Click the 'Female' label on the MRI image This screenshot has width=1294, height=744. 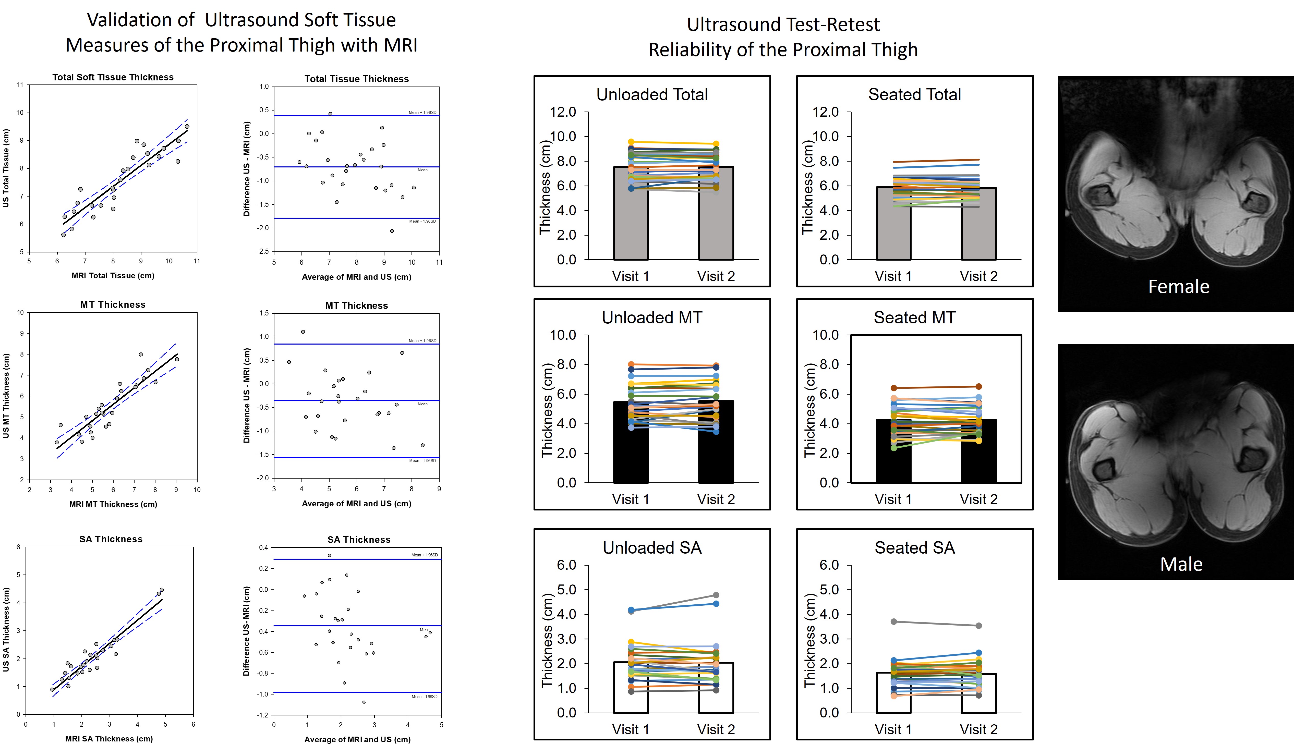coord(1179,287)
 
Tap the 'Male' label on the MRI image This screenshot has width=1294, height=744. coord(1181,564)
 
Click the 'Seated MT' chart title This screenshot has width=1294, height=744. coord(914,317)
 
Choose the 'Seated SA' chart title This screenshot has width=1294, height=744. coord(914,548)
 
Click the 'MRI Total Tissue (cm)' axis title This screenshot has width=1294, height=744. coord(113,275)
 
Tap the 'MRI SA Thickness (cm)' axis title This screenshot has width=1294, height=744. coord(109,738)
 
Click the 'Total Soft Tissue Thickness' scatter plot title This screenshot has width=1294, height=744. coord(113,77)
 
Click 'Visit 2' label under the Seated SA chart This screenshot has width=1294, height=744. coord(978,729)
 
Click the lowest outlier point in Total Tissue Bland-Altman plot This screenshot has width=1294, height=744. coord(392,231)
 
